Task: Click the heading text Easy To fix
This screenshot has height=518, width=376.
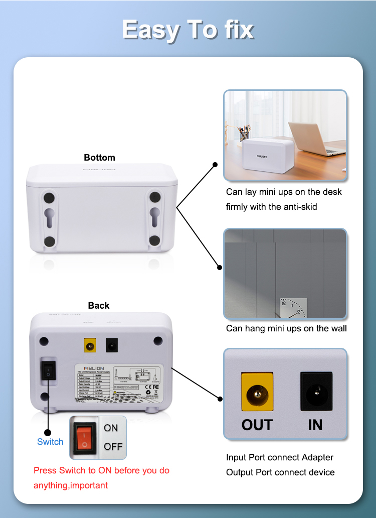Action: pos(187,30)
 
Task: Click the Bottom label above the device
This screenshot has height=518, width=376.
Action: pos(99,158)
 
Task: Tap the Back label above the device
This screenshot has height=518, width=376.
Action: pos(99,305)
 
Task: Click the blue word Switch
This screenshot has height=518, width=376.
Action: pos(50,442)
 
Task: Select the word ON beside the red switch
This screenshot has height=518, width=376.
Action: pos(111,428)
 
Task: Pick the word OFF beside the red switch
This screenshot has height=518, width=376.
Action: pos(113,446)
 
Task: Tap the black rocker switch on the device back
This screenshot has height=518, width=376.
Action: pos(48,372)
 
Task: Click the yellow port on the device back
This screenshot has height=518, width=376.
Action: pos(90,345)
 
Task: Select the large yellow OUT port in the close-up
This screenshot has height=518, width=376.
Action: pos(257,391)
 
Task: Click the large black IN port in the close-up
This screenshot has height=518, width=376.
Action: pos(316,391)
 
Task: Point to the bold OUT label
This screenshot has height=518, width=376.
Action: pos(257,425)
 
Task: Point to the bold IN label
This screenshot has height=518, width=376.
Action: pos(315,425)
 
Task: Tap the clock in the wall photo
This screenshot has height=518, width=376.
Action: pos(293,308)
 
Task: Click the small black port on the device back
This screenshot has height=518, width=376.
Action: pos(112,345)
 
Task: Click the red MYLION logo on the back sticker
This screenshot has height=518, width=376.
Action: pos(89,367)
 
